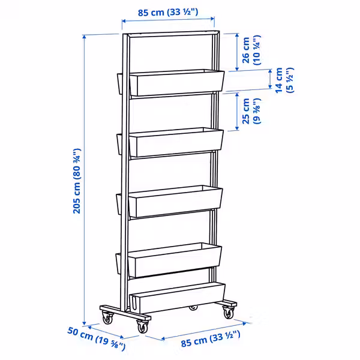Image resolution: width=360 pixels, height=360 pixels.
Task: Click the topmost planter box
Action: pos(176,83)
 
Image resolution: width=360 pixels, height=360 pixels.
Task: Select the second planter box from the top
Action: pos(175,143)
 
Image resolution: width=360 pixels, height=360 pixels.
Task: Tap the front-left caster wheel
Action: pos(107,318)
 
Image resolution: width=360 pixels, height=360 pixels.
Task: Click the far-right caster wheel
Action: pos(229,311)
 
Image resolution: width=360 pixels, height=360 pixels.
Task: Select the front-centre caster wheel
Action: pos(143,327)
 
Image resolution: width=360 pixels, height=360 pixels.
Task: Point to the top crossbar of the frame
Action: pos(170,34)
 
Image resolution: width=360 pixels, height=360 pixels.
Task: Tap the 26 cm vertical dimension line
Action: pos(237,53)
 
